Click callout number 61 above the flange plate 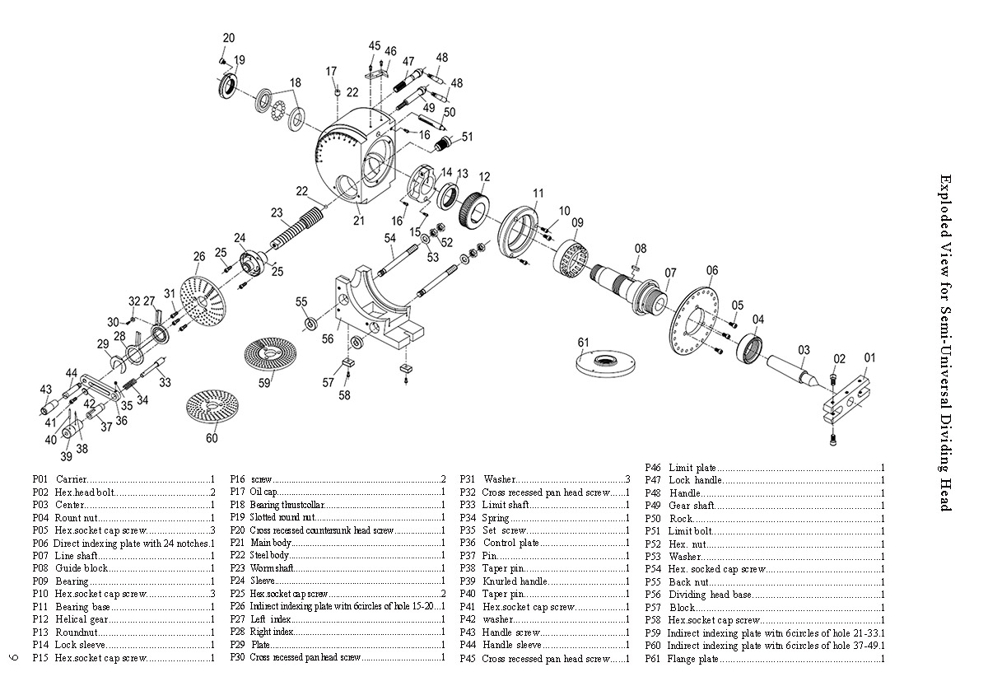pyautogui.click(x=584, y=342)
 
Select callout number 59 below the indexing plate pyautogui.click(x=265, y=382)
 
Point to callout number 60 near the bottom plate pyautogui.click(x=212, y=438)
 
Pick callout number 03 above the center pyautogui.click(x=804, y=349)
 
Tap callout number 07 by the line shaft pyautogui.click(x=670, y=273)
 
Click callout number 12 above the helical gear pyautogui.click(x=484, y=176)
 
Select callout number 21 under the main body pyautogui.click(x=358, y=221)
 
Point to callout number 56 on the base pyautogui.click(x=328, y=338)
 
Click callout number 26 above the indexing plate pyautogui.click(x=198, y=257)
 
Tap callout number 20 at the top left pyautogui.click(x=229, y=38)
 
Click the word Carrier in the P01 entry pyautogui.click(x=71, y=479)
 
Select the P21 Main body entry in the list pyautogui.click(x=272, y=544)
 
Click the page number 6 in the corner pyautogui.click(x=12, y=656)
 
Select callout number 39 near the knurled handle pyautogui.click(x=65, y=456)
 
